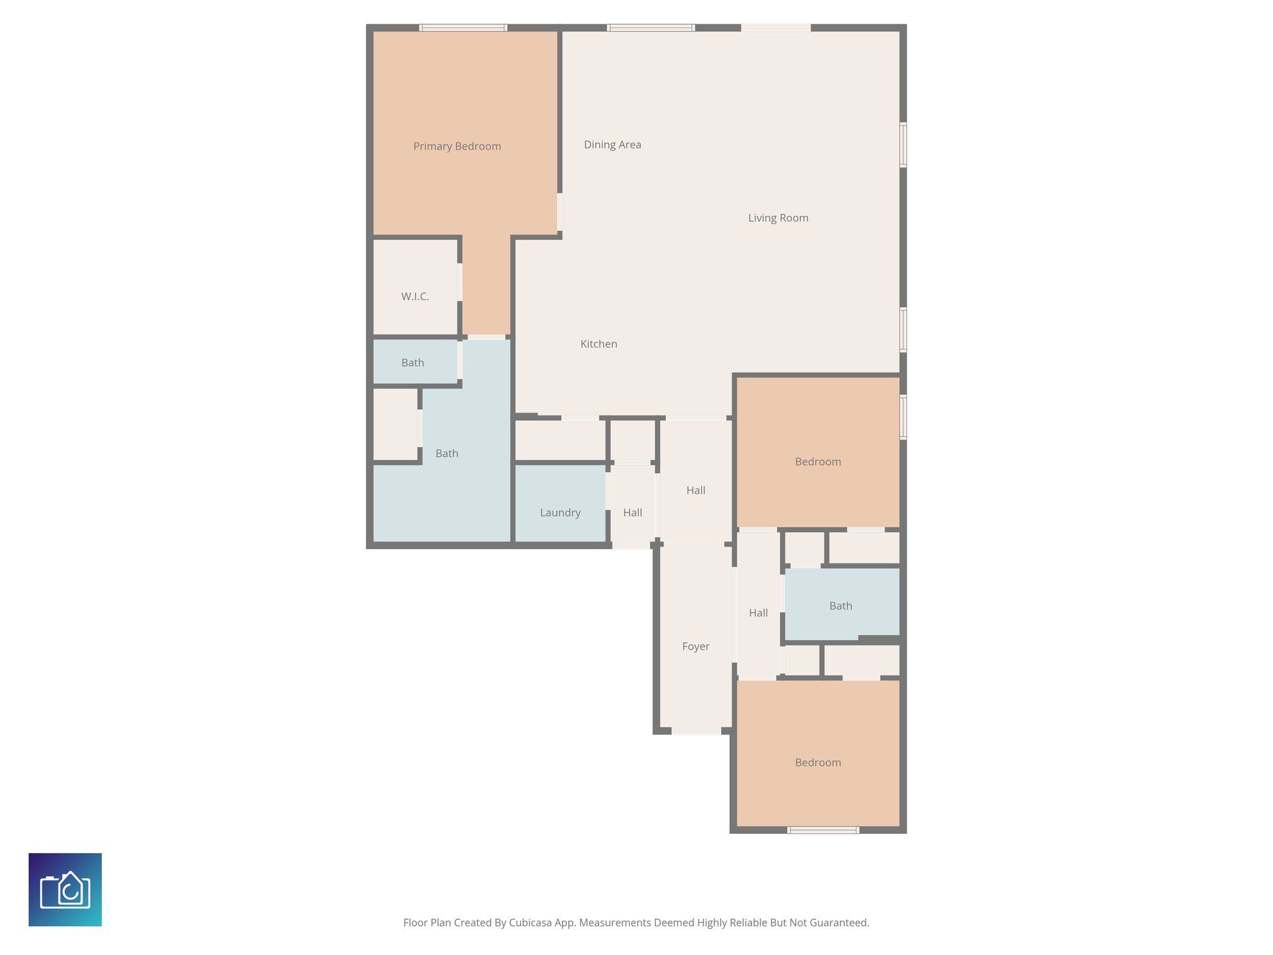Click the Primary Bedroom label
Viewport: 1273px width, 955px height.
pos(457,146)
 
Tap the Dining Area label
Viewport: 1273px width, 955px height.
pos(612,145)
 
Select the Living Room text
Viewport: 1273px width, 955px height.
pos(778,218)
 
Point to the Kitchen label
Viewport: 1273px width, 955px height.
pos(599,344)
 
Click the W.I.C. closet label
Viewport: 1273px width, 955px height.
pos(415,297)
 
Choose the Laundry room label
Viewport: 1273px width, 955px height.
pos(560,513)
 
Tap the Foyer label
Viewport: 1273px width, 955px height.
pos(696,647)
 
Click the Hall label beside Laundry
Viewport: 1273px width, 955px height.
pos(632,513)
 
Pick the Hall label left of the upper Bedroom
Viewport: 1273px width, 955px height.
pos(696,491)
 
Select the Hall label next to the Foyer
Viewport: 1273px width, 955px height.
pos(758,613)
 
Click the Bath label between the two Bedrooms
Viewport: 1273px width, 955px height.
pos(840,606)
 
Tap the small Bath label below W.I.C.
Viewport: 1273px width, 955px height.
pos(413,363)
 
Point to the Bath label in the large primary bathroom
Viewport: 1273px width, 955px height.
pos(446,454)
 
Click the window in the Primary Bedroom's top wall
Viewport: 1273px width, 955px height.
pos(463,28)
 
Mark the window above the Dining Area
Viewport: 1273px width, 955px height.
pos(651,28)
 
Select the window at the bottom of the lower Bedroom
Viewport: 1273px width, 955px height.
pos(823,830)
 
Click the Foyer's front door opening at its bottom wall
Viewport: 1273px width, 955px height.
pos(696,731)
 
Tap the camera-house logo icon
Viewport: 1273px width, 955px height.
pos(65,890)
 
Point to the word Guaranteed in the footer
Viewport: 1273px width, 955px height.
pos(842,923)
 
